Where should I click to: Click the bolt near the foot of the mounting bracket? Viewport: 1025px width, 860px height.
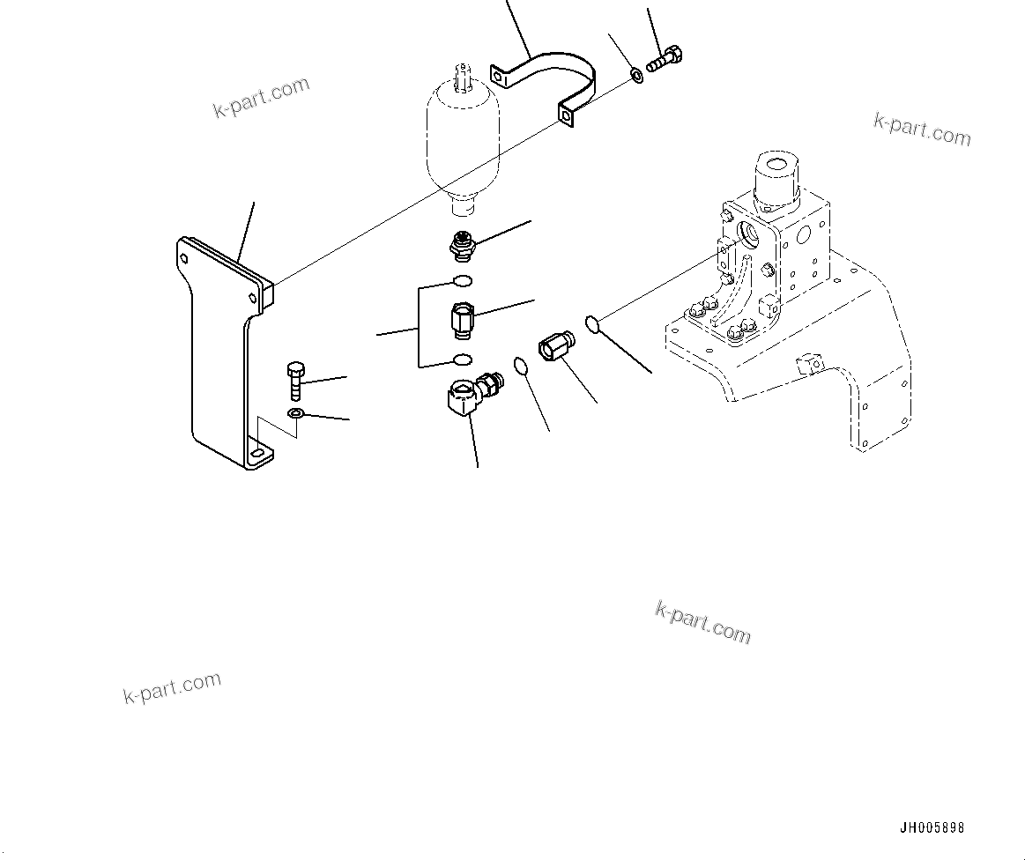click(295, 381)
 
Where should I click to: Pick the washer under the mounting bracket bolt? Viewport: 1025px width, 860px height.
click(295, 414)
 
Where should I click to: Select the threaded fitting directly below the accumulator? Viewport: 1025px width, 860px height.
click(460, 248)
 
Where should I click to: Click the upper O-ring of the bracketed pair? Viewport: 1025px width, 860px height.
click(462, 281)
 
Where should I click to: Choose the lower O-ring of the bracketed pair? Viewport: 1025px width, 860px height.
click(460, 360)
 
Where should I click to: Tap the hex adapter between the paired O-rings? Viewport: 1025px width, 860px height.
click(462, 319)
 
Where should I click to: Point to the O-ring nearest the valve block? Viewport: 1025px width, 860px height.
click(593, 324)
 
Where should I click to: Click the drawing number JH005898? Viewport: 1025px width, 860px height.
click(932, 828)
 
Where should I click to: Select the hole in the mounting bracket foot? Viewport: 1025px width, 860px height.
click(256, 456)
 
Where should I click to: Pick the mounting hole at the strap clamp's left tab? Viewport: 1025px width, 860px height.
click(499, 77)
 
